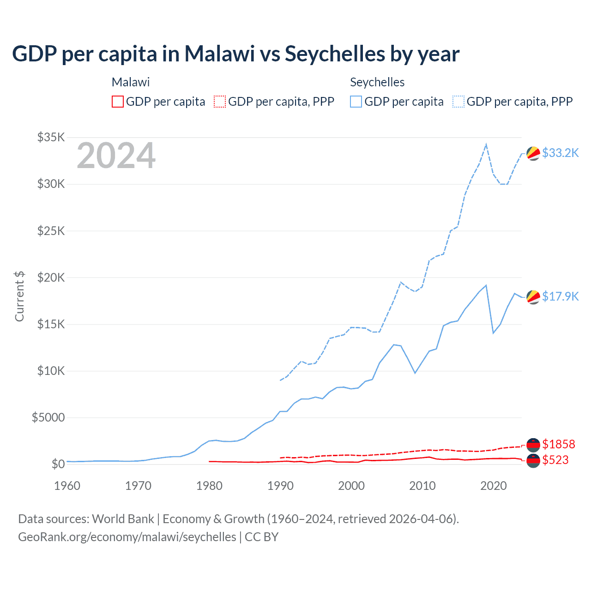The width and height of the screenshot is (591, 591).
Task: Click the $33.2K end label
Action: click(560, 153)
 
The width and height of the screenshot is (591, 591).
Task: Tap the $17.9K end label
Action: click(560, 296)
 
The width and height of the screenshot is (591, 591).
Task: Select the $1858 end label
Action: click(558, 444)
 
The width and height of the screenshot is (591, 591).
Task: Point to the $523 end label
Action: click(555, 460)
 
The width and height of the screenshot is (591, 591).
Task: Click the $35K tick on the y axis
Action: click(51, 137)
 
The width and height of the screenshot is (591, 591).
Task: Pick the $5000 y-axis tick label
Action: click(48, 417)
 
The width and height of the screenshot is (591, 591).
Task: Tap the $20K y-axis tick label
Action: click(51, 277)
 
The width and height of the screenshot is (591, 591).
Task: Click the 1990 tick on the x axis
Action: click(280, 486)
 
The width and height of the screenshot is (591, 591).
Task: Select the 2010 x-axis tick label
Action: click(422, 486)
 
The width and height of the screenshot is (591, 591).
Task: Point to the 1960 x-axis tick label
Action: click(67, 486)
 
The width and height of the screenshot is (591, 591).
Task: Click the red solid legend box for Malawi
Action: click(118, 102)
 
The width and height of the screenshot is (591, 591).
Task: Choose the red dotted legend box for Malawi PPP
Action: click(220, 102)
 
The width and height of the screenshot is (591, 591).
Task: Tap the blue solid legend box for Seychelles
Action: click(356, 102)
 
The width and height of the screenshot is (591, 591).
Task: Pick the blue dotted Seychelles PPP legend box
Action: click(458, 102)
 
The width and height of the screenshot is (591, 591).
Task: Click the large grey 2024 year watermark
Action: click(116, 156)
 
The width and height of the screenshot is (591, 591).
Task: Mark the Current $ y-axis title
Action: click(19, 296)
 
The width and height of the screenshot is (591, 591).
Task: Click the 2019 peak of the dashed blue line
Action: click(486, 145)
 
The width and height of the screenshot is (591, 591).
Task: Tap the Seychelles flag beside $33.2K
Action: click(533, 153)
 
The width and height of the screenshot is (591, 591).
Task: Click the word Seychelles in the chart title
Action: click(334, 54)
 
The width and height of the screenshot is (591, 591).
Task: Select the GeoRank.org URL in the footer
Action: click(127, 537)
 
